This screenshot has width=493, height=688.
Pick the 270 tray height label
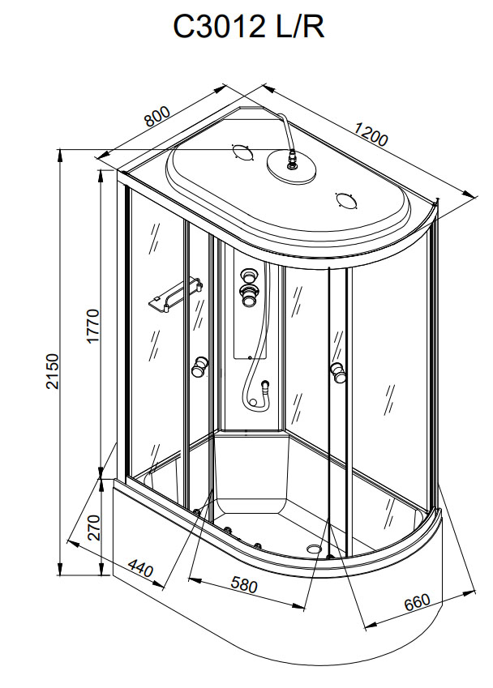[92, 527]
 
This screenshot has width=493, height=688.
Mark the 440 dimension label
[139, 569]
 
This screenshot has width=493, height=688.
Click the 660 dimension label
[414, 604]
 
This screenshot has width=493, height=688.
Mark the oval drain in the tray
[314, 549]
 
